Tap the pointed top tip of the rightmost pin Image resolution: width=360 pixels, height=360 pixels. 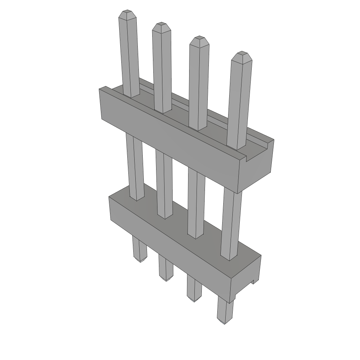tap(242, 55)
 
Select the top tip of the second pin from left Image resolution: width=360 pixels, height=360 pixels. tap(162, 26)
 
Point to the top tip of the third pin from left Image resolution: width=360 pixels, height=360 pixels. tap(199, 39)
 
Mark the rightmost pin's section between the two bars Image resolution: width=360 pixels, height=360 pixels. tap(231, 221)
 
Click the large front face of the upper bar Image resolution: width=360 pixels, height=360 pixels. tap(169, 141)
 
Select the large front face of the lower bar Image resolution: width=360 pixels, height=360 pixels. tap(169, 243)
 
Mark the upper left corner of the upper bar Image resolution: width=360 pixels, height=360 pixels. tap(100, 89)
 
